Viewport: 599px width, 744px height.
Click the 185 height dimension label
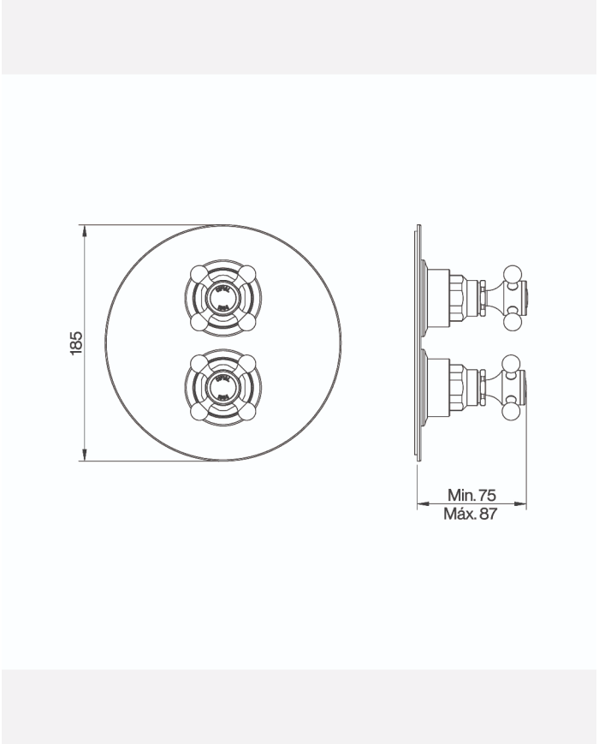[76, 342]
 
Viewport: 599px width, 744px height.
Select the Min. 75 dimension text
[471, 495]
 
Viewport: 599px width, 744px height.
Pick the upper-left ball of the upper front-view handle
[198, 273]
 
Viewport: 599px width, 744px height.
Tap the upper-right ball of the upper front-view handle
[248, 273]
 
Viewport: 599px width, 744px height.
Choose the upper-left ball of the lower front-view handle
[198, 361]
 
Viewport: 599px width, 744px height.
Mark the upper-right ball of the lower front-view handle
[248, 361]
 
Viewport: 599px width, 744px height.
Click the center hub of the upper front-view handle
[222, 297]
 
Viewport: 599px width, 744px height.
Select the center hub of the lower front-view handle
[222, 386]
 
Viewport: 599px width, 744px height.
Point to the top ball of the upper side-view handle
[513, 273]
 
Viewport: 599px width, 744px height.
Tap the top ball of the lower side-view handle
[513, 362]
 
